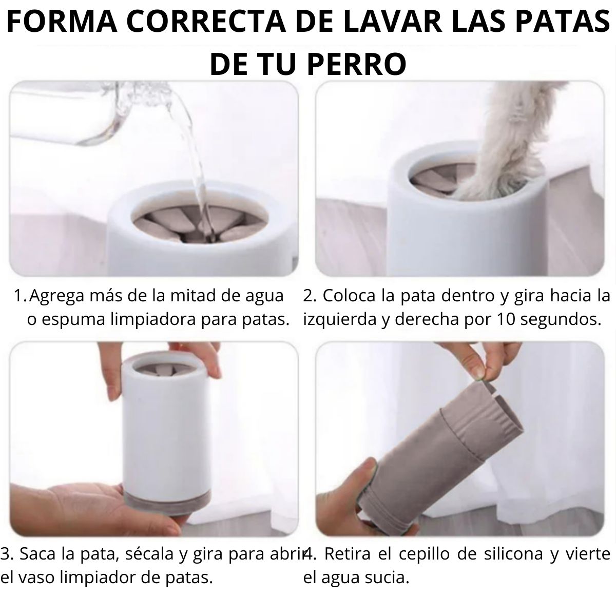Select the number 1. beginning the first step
pyautogui.click(x=20, y=296)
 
